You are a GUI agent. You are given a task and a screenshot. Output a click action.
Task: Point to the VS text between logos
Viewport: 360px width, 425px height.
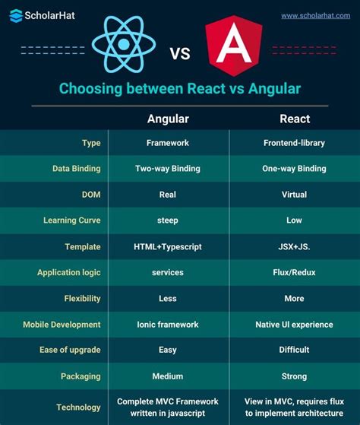point(180,53)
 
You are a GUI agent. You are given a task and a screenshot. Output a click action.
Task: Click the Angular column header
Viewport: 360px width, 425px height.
point(168,119)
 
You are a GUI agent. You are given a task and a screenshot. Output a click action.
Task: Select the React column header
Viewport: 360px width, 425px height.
point(294,119)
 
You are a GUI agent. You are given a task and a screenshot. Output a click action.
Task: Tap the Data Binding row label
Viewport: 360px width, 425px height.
point(76,169)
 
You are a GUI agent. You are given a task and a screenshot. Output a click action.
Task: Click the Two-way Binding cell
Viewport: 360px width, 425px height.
point(168,169)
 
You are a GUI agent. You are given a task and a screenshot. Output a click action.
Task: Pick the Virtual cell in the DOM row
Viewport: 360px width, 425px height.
point(294,195)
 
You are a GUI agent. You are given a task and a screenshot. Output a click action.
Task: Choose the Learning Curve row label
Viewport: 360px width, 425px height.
point(72,220)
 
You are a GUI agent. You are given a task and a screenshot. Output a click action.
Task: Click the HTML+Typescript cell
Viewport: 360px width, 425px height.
point(168,246)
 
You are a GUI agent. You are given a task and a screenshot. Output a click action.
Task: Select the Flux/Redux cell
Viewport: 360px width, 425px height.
point(294,272)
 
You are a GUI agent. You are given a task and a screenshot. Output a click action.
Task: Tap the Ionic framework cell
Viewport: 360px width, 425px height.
point(168,325)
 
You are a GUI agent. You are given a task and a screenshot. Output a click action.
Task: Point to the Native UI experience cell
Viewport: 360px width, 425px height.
point(294,325)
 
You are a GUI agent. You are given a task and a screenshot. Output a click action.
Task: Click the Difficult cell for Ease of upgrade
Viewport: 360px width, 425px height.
point(294,350)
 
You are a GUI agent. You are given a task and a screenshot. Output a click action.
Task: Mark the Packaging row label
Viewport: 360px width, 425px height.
point(81,376)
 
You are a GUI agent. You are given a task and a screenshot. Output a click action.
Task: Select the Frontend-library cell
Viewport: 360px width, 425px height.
point(294,142)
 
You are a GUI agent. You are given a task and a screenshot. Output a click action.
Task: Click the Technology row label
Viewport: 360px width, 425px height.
point(78,407)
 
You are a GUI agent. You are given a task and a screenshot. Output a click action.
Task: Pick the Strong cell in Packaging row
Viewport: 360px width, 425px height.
point(294,376)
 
